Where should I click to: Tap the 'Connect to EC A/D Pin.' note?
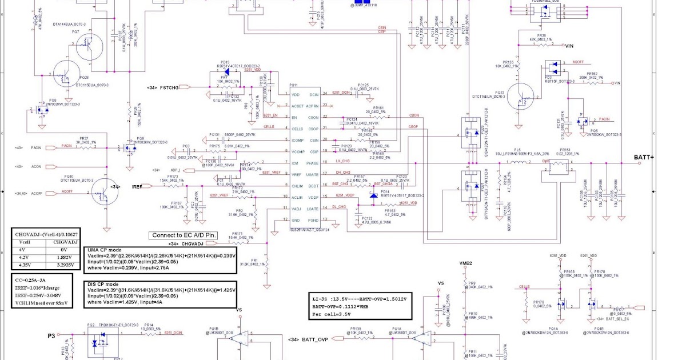[x=184, y=235]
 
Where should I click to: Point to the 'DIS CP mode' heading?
[x=103, y=284]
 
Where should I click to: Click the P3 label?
[x=51, y=337]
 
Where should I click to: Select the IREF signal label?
[x=137, y=187]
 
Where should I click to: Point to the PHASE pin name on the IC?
[x=312, y=163]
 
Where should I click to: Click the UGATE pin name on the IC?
[x=312, y=175]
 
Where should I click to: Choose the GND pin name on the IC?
[x=296, y=221]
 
